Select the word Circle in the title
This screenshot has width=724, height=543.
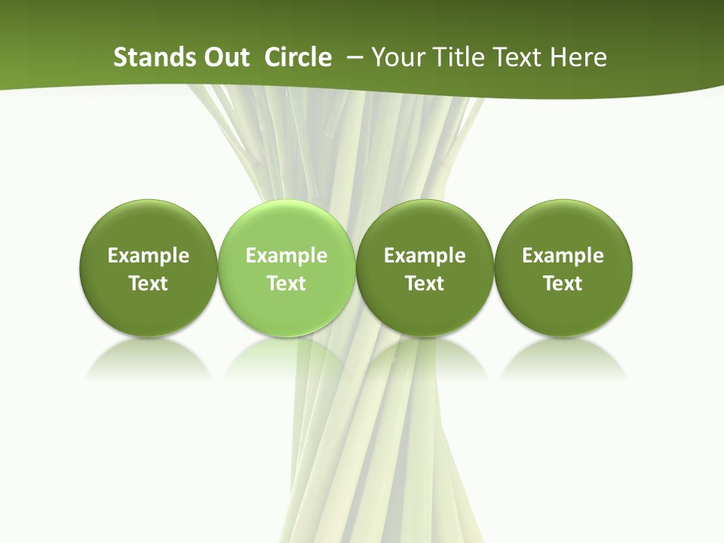coord(298,57)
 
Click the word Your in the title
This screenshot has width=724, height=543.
coord(394,57)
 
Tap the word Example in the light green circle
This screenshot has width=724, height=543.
coord(287,256)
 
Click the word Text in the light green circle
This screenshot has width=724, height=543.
coord(287,284)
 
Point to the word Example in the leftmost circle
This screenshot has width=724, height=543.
coord(149,256)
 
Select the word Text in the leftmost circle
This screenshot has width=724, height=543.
coord(149,284)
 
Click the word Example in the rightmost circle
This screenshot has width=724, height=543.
coord(563,256)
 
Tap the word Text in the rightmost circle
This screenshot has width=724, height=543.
coord(563,284)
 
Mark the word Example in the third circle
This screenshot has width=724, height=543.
coord(425,256)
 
